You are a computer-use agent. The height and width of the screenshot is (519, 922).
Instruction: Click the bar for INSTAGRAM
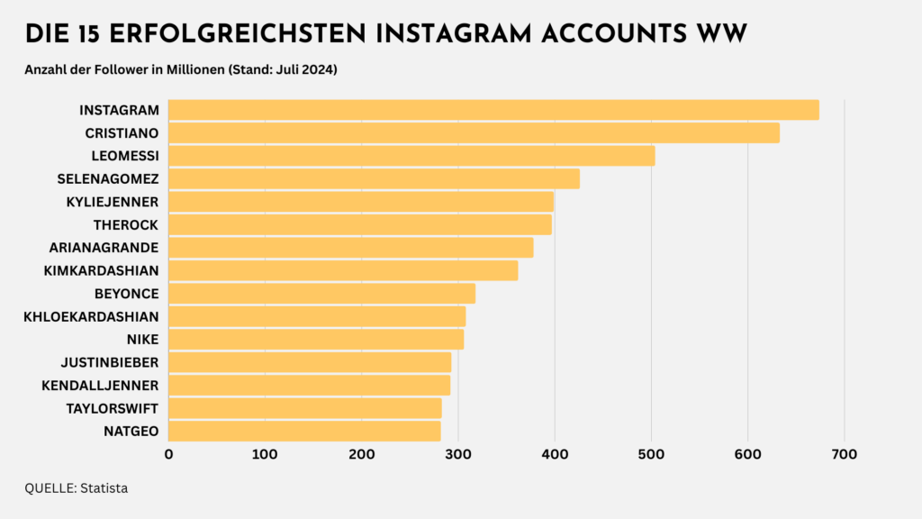pos(493,110)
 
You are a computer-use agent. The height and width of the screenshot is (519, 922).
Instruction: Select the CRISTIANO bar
pos(474,133)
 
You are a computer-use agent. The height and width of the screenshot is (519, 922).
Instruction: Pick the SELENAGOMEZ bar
pos(374,178)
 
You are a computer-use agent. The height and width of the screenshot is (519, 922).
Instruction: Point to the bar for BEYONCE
pos(321,294)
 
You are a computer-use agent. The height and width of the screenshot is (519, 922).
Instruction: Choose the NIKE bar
pos(316,339)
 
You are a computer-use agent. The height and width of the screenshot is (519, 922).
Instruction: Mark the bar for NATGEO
pos(304,431)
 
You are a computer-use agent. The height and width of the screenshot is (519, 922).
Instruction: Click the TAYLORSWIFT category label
pos(113,408)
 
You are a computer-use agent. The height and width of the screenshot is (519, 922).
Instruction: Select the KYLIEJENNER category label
pos(113,202)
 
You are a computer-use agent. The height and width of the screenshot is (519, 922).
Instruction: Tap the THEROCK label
pos(126,224)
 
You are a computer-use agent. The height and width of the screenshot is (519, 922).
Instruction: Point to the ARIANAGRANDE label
pos(104,248)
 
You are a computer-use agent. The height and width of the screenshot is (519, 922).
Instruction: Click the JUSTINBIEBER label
pos(110,362)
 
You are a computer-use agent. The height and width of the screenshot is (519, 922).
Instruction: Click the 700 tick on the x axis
pos(844,454)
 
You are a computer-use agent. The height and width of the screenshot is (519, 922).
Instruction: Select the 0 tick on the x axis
pos(168,454)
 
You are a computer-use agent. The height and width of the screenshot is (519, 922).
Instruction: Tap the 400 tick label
pos(555,454)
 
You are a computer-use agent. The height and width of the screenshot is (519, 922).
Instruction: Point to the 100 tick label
pos(265,454)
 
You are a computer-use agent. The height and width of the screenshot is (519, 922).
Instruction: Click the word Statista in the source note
pos(104,488)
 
